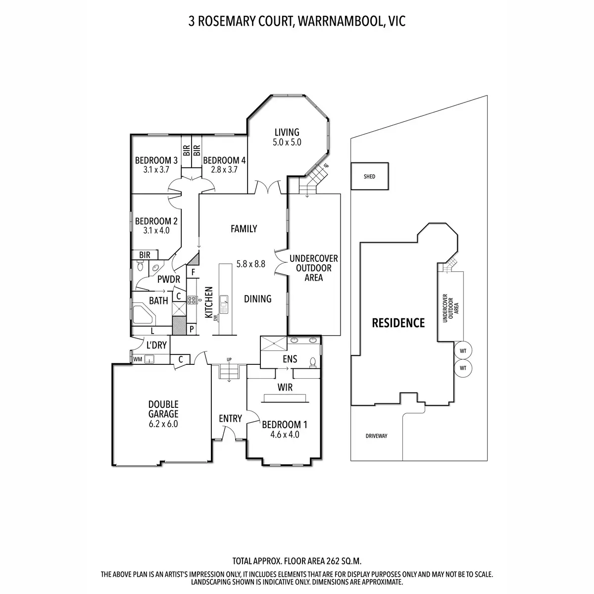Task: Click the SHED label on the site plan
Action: (x=369, y=176)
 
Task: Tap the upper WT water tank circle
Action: (x=463, y=351)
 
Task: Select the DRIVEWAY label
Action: (x=376, y=436)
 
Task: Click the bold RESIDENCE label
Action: (x=398, y=323)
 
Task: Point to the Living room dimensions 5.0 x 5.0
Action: (x=287, y=143)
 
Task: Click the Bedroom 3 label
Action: (x=156, y=160)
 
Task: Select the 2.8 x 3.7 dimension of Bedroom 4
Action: (x=224, y=170)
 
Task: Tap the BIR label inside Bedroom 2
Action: (x=145, y=255)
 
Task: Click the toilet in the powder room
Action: (x=140, y=266)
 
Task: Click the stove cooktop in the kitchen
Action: (x=192, y=300)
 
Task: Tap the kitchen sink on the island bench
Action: (x=223, y=304)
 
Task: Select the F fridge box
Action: (x=193, y=272)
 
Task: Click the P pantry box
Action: (x=192, y=329)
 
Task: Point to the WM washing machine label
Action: (x=138, y=359)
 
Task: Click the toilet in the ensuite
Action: (x=312, y=362)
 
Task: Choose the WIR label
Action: (x=285, y=388)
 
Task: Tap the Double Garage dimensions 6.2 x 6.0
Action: (x=163, y=424)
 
